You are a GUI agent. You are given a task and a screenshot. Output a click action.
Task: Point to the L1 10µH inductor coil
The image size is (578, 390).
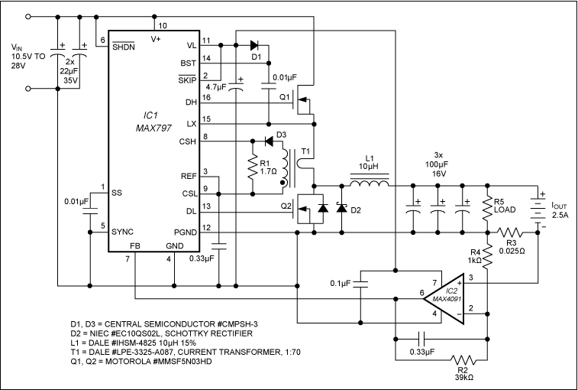click(x=369, y=184)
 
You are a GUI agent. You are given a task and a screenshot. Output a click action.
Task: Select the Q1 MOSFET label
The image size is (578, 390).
click(x=286, y=98)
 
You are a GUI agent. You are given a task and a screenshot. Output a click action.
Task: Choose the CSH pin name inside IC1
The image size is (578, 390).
click(x=187, y=141)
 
